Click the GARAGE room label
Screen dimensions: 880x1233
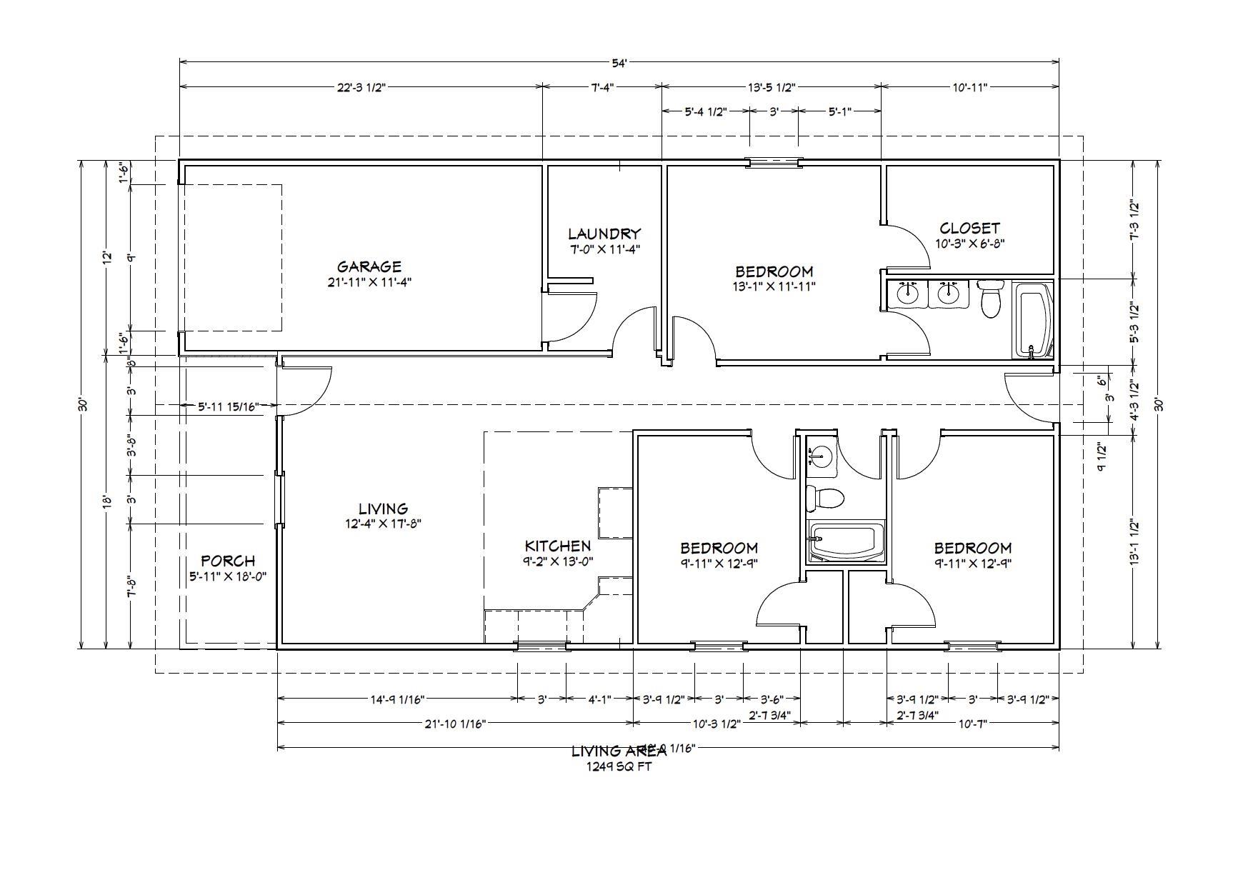tap(369, 266)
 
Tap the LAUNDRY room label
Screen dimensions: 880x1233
tap(604, 234)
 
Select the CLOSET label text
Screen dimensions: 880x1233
tap(969, 228)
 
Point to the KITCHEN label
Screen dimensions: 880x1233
tap(558, 546)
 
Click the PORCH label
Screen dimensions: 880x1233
tap(228, 561)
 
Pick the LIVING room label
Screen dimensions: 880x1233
tap(383, 509)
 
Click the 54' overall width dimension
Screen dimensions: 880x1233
tap(619, 63)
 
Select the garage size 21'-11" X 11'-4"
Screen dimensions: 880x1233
tap(369, 282)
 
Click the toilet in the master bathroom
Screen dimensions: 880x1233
tap(990, 300)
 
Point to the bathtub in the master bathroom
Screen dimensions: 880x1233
tap(1033, 320)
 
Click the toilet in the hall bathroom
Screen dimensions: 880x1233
tap(824, 497)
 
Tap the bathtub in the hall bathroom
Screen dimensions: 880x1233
tap(846, 541)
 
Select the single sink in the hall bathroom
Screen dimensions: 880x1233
tap(822, 456)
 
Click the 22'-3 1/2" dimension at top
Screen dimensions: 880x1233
tap(361, 87)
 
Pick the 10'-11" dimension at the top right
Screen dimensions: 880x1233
tap(969, 87)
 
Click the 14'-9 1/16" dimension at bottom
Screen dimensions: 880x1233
tap(397, 699)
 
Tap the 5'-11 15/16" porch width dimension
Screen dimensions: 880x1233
tap(227, 406)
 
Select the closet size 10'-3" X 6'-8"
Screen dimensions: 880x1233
tap(969, 243)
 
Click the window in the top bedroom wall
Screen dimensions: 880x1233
tap(774, 162)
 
